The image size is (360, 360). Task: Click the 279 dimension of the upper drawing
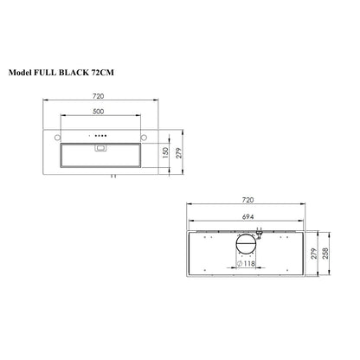point(177,152)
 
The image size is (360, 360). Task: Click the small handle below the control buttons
point(102,146)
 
